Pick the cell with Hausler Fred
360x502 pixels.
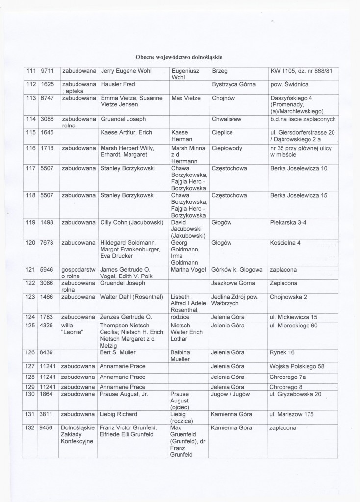tap(118, 84)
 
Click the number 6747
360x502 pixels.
tap(47, 98)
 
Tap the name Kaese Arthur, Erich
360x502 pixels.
tap(127, 132)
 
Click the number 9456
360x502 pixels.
tap(47, 428)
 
